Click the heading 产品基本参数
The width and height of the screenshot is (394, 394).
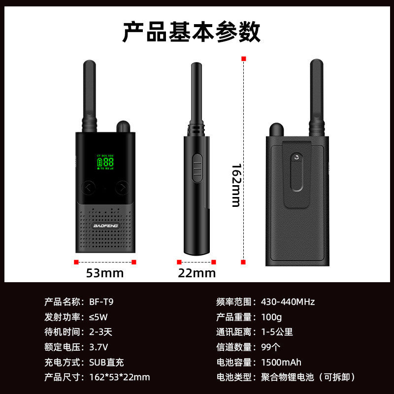click(x=191, y=32)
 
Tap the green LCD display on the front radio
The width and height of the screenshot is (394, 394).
click(x=105, y=162)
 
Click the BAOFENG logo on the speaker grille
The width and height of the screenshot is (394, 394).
click(x=105, y=226)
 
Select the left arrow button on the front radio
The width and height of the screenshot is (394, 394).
click(x=89, y=187)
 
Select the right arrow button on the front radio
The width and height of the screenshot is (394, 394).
click(x=122, y=187)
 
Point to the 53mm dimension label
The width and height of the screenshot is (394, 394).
click(x=105, y=273)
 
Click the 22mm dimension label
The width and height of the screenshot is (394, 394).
click(x=197, y=273)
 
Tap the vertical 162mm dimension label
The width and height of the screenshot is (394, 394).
click(x=236, y=186)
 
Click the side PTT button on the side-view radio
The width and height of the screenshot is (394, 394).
click(x=197, y=168)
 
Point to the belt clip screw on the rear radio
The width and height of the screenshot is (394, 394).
click(x=297, y=158)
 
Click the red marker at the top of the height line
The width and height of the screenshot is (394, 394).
click(x=243, y=59)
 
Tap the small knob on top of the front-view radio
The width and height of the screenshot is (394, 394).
click(x=124, y=127)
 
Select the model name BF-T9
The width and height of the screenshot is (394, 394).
click(x=101, y=301)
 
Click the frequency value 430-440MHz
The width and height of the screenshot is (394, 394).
click(x=288, y=301)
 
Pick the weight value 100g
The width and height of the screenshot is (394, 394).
click(x=271, y=317)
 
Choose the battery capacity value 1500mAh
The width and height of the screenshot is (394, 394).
click(x=281, y=362)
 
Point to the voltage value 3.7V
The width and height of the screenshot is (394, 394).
click(x=98, y=347)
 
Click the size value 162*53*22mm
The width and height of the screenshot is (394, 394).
click(x=120, y=377)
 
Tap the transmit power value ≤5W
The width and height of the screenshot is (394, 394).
click(x=98, y=317)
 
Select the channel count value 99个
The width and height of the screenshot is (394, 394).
click(x=270, y=347)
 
